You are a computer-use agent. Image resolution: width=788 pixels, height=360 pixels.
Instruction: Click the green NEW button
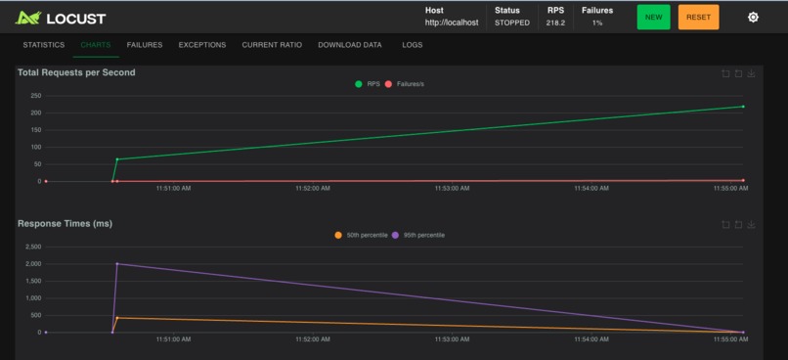tap(653, 18)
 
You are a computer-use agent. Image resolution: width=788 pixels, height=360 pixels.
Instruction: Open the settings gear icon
tap(753, 18)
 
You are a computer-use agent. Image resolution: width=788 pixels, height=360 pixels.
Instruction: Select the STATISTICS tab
tap(44, 45)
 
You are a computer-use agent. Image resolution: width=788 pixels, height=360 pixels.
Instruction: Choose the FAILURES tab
tap(145, 45)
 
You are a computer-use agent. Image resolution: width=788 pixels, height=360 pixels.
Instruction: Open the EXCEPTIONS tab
tap(202, 45)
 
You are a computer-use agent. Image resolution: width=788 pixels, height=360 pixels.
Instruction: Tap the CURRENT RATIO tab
tap(272, 45)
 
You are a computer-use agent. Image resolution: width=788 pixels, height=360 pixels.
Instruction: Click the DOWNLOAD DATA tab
tap(350, 45)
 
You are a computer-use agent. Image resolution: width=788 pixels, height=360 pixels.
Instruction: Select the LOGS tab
tap(413, 45)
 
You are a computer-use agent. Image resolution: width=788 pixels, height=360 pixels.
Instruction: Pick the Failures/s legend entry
tap(405, 84)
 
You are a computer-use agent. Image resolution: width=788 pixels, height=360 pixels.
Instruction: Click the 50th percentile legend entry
tap(362, 235)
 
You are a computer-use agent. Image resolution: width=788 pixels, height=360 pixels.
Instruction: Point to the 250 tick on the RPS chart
tap(35, 96)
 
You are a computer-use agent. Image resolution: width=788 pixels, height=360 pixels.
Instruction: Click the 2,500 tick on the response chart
tap(32, 247)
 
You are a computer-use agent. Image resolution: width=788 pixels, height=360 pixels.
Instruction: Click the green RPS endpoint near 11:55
tap(743, 107)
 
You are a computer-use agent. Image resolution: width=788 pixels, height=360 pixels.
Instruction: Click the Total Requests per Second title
tap(76, 72)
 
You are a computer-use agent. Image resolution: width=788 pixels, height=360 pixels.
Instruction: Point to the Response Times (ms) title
tap(65, 224)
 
